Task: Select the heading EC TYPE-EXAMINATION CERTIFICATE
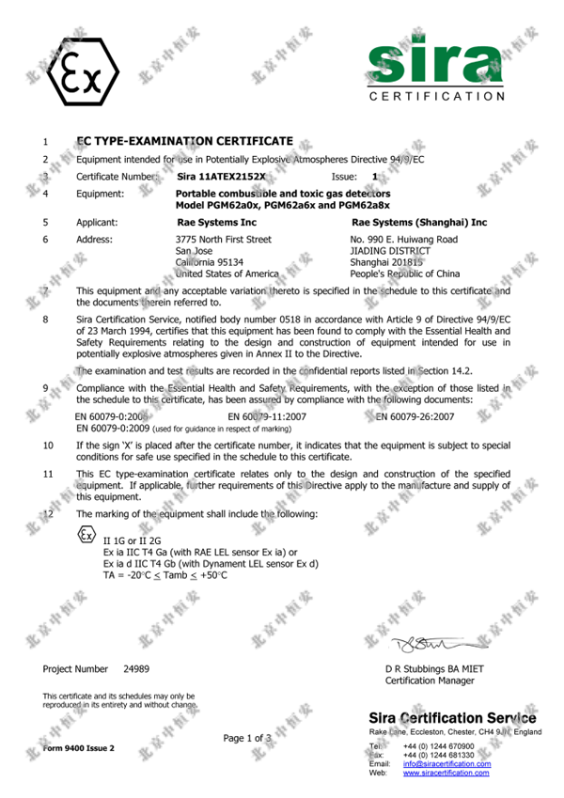click(x=184, y=141)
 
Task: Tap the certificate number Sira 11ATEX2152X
click(x=221, y=176)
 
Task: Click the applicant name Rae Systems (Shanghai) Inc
click(x=418, y=223)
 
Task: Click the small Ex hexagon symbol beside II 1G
click(x=86, y=536)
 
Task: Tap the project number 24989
click(x=135, y=668)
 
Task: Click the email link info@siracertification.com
click(x=446, y=764)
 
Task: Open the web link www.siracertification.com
click(x=446, y=773)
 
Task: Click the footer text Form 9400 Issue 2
click(x=78, y=748)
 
